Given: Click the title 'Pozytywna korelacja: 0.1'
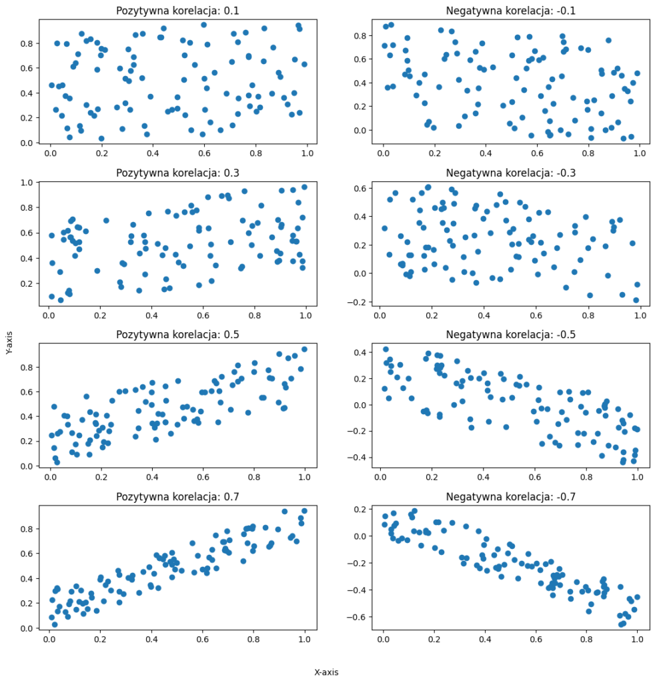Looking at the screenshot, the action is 177,11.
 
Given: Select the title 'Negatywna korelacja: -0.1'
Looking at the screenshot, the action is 511,11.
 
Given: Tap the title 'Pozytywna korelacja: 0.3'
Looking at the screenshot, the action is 177,173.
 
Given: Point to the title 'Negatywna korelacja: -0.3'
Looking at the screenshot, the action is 511,173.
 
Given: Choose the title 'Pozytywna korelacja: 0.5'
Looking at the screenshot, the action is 177,335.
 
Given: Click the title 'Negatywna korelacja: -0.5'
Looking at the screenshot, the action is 511,335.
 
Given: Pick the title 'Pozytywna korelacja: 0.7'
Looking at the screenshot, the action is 177,496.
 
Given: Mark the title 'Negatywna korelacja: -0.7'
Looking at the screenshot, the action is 511,496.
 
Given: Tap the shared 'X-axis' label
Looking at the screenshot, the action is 327,672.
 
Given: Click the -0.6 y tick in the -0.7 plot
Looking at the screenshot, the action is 357,617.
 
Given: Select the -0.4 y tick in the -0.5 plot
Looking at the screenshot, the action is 357,458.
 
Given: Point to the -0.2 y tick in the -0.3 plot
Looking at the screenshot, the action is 357,302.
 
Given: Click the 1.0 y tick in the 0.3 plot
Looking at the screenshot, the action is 27,183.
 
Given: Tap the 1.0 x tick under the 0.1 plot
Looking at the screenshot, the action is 307,153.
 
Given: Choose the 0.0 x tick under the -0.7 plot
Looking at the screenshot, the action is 384,639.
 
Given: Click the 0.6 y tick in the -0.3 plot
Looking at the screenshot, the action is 360,188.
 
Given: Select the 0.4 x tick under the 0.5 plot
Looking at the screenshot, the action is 152,477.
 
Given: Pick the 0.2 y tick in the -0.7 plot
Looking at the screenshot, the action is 360,509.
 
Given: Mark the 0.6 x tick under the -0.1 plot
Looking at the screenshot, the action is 537,153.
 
